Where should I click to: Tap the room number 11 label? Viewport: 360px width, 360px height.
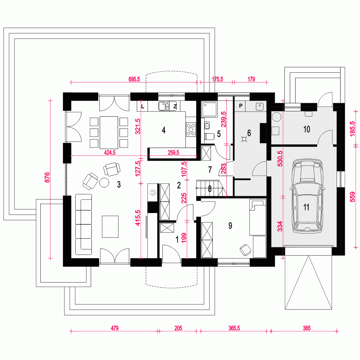pos(306,207)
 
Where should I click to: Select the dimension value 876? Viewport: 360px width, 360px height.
pos(46,179)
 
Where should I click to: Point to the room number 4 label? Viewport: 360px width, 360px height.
pos(164,130)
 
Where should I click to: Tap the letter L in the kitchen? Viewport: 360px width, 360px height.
pos(143,106)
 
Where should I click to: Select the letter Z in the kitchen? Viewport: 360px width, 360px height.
pos(175,106)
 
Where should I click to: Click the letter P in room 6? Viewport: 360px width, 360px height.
pos(240,106)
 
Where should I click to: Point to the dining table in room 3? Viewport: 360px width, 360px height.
pos(109,132)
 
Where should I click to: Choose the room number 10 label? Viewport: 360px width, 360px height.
pos(307,129)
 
